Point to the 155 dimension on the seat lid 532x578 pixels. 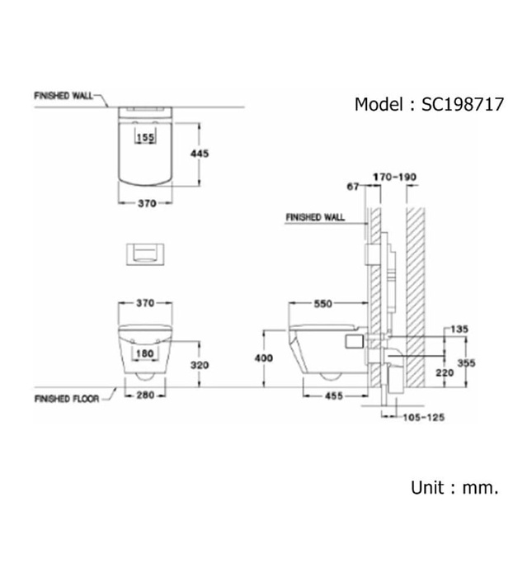[x=146, y=138]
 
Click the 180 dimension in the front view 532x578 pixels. [x=146, y=353]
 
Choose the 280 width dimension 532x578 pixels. [x=145, y=396]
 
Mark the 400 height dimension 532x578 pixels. [x=261, y=358]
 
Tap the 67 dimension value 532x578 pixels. [x=352, y=187]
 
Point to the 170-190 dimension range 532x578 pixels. [x=394, y=177]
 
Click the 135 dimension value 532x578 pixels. [x=459, y=329]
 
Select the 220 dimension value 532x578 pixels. [x=446, y=372]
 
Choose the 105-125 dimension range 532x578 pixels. [x=423, y=418]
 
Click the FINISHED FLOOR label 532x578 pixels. [x=67, y=398]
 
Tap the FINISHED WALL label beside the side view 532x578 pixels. [x=314, y=219]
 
